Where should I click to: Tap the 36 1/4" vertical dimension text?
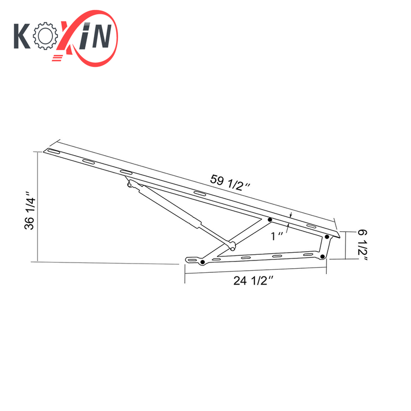click(30, 211)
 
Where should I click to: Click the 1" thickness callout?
click(278, 235)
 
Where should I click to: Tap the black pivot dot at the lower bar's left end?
click(202, 263)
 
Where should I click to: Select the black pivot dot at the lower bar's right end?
click(322, 256)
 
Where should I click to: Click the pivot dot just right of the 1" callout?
click(327, 237)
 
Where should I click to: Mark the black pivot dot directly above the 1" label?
click(270, 220)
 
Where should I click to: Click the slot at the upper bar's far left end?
click(53, 152)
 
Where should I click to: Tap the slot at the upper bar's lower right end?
click(311, 227)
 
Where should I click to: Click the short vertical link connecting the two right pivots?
click(325, 247)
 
